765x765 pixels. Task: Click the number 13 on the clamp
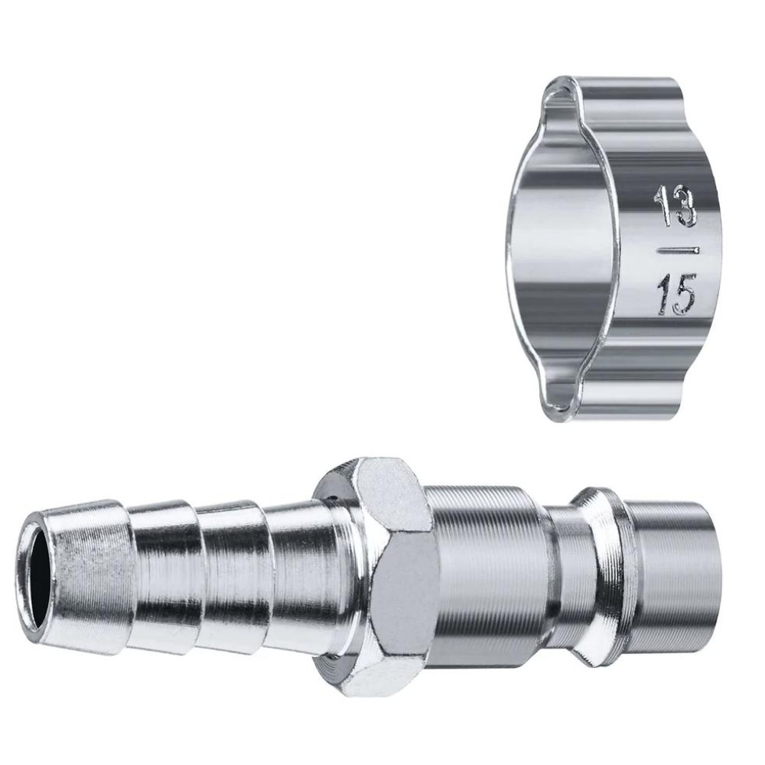click(x=677, y=207)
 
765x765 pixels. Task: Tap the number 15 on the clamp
click(x=677, y=295)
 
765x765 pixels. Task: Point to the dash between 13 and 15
click(x=677, y=251)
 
